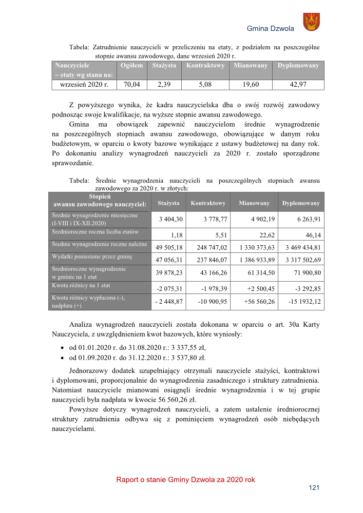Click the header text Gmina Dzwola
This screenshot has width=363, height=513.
click(271, 29)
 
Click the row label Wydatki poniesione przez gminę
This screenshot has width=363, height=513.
click(93, 256)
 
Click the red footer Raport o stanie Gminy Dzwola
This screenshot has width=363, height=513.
click(185, 480)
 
